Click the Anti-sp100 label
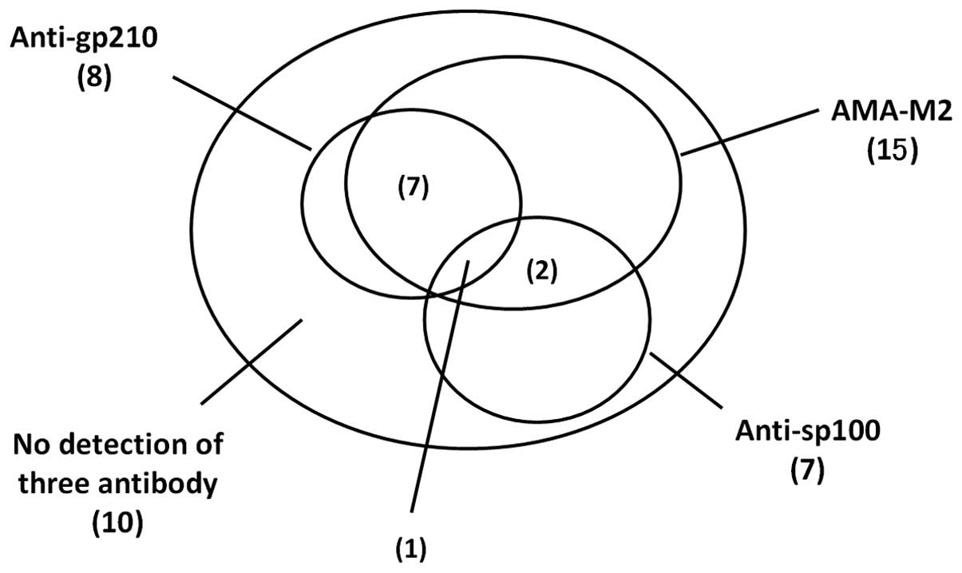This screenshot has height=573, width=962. pos(806,433)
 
